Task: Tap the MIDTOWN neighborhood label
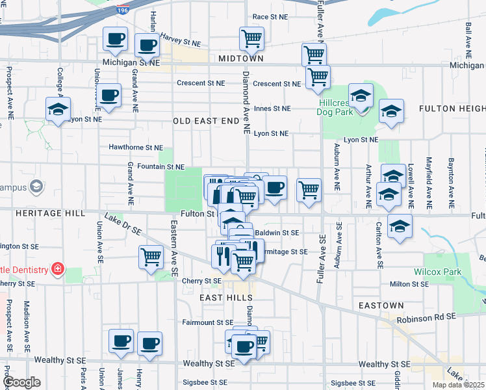click(241, 58)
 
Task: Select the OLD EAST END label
click(206, 122)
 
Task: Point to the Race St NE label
click(270, 17)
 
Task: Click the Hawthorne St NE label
click(136, 148)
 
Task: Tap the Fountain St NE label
click(157, 167)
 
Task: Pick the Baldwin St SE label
click(277, 232)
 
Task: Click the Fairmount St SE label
click(207, 322)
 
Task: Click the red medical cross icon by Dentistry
click(58, 268)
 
